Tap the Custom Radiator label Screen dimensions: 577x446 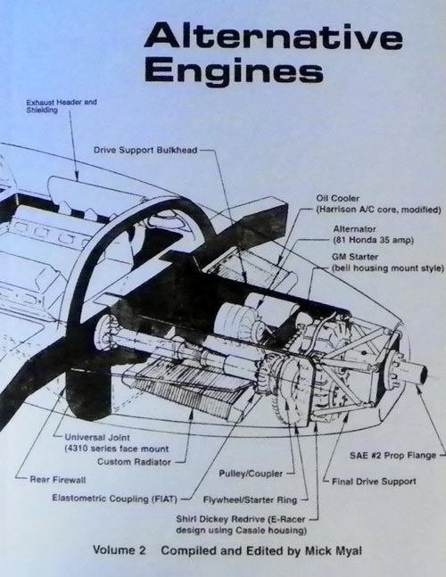[131, 462]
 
